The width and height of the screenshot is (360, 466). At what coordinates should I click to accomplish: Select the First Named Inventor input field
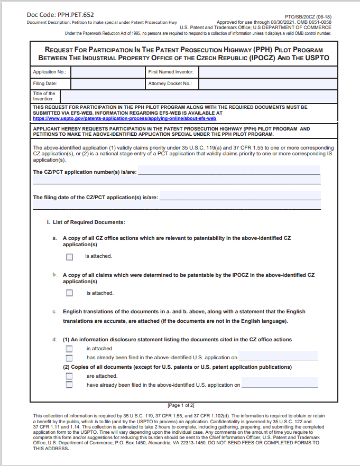tap(268, 72)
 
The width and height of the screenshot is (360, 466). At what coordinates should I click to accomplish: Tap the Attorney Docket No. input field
tap(268, 83)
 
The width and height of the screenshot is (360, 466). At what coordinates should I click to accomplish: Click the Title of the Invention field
tap(199, 96)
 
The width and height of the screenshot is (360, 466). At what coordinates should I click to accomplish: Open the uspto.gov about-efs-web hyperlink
tap(124, 119)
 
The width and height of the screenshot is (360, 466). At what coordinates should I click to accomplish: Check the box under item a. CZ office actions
tap(69, 257)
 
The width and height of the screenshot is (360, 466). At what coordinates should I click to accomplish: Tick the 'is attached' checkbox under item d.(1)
tap(69, 349)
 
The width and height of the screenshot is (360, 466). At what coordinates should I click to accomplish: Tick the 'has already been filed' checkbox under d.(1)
tap(69, 358)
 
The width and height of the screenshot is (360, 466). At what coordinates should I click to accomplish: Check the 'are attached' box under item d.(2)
tap(69, 376)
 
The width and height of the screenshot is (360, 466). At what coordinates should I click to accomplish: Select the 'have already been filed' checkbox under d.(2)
tap(69, 385)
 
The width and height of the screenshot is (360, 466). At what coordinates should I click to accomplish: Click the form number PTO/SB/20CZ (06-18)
tap(312, 17)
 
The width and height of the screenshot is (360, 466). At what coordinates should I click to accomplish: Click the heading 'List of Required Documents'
tap(86, 222)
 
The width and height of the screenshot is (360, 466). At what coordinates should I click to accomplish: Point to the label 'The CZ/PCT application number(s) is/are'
tap(85, 172)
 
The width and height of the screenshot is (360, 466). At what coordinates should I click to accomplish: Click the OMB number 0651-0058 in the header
tap(318, 22)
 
